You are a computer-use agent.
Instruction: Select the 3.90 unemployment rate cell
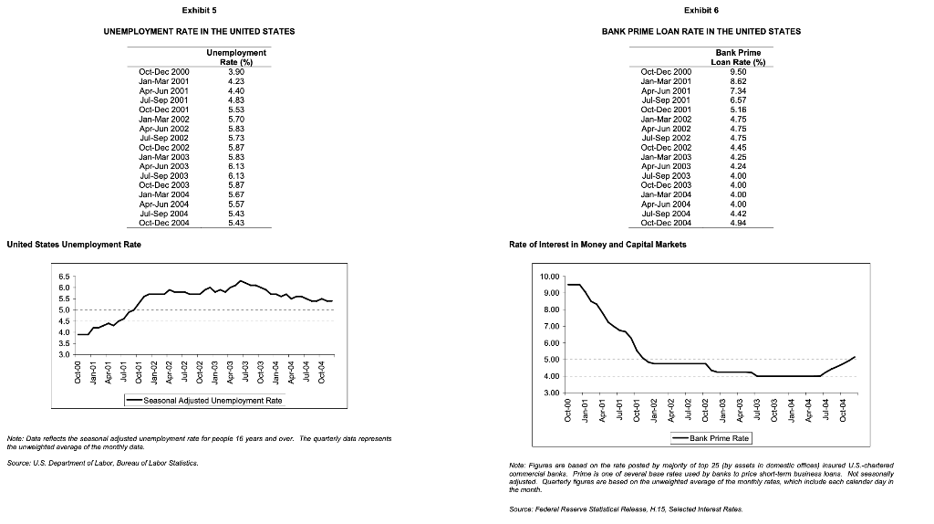click(234, 71)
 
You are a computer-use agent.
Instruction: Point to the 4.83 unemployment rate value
click(234, 100)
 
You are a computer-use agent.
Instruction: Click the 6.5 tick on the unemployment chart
click(62, 276)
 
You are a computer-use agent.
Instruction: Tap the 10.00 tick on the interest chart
click(551, 277)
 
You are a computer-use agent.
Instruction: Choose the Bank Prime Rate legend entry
click(711, 439)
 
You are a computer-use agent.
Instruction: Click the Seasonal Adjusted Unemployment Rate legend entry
click(205, 401)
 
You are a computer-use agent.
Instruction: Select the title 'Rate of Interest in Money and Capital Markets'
click(597, 245)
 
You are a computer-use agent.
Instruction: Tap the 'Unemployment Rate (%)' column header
click(236, 58)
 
